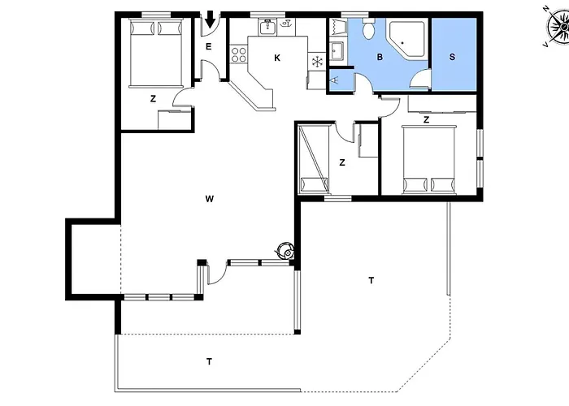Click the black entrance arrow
[x=210, y=19]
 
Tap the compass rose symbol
[x=558, y=27]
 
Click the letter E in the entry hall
[x=208, y=46]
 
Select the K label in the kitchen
[x=277, y=58]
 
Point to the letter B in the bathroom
[x=380, y=57]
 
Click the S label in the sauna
[x=452, y=57]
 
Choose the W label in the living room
[x=210, y=199]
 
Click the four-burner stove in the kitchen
[x=239, y=54]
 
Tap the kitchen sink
[x=267, y=27]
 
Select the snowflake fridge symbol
[x=317, y=61]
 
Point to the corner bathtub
[x=407, y=39]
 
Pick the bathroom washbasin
[x=337, y=50]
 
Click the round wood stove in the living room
[x=285, y=250]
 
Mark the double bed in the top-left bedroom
[x=156, y=54]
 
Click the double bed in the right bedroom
[x=428, y=159]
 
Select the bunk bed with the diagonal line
[x=315, y=158]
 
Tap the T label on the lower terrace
[x=210, y=362]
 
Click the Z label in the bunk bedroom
[x=342, y=162]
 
